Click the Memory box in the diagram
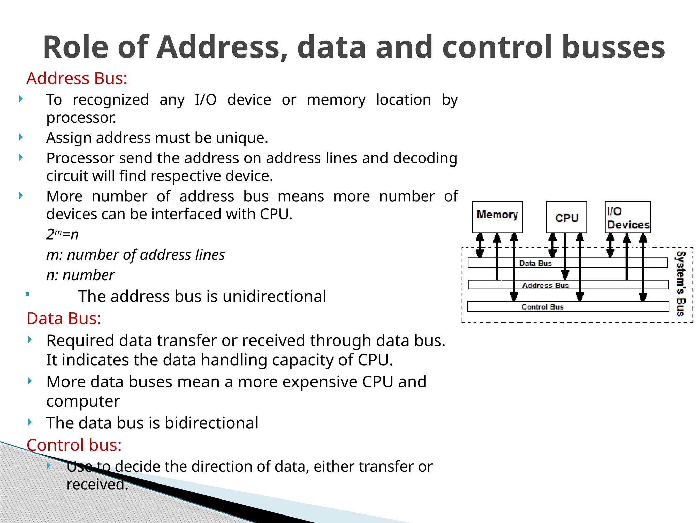(x=497, y=217)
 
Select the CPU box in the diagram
(x=566, y=217)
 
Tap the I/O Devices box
(x=628, y=217)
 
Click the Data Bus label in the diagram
(x=535, y=263)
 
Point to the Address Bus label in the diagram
(x=546, y=285)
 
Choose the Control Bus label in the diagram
(x=543, y=307)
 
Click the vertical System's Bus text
(x=681, y=284)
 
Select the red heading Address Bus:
(x=77, y=78)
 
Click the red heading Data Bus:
(x=64, y=319)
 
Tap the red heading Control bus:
(x=74, y=445)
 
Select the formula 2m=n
(x=62, y=234)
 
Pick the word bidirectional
(x=211, y=423)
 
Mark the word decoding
(x=425, y=158)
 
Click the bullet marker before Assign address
(x=21, y=137)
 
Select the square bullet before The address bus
(x=27, y=294)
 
